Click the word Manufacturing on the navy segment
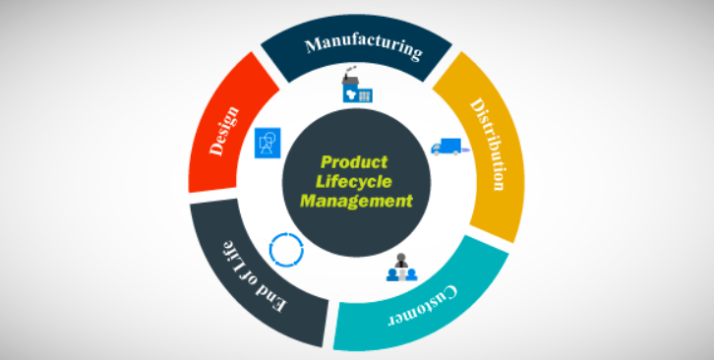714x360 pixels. coord(363,46)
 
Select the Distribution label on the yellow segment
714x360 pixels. coord(488,143)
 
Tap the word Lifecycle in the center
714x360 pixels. coord(355,181)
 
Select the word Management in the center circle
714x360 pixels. coord(355,200)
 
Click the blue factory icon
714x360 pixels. coord(355,90)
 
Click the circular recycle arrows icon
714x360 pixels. coord(287,249)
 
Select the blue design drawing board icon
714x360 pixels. coord(266,143)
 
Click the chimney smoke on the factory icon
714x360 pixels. coord(347,76)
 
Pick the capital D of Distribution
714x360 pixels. coord(476,104)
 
